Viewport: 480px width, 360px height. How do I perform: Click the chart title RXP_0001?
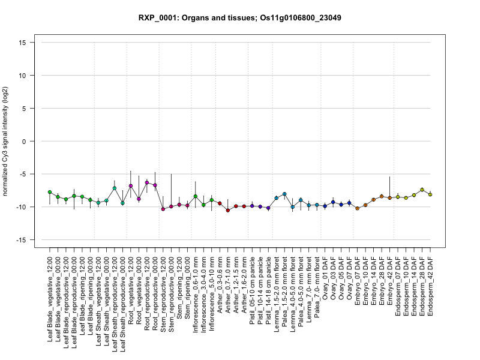(x=240, y=17)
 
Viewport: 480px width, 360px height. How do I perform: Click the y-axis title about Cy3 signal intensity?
(x=7, y=141)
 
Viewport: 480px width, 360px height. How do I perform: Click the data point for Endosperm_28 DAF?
(x=422, y=190)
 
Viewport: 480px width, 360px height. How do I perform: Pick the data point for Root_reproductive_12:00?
(x=147, y=182)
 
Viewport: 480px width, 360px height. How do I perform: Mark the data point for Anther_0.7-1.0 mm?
(x=228, y=210)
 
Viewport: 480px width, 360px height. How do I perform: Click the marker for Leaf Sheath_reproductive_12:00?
(x=115, y=188)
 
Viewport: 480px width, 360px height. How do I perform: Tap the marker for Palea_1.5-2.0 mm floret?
(x=284, y=194)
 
